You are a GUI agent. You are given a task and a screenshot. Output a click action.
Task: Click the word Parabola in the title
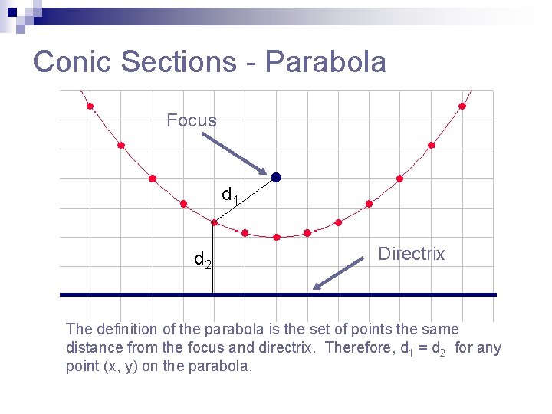click(326, 62)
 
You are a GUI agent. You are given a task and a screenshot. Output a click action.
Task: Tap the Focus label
click(192, 120)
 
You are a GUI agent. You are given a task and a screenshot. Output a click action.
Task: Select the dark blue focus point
click(276, 177)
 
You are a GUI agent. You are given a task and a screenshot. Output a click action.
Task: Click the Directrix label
click(412, 255)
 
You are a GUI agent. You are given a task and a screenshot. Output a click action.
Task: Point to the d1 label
click(230, 195)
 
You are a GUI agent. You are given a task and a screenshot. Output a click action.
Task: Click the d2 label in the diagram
click(202, 261)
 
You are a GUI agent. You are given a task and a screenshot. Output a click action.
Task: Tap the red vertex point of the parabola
click(277, 237)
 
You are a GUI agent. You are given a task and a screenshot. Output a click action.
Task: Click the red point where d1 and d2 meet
click(214, 223)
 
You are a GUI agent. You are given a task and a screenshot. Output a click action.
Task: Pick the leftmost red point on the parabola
click(90, 107)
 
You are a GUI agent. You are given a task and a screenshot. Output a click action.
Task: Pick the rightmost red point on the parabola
click(462, 107)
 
